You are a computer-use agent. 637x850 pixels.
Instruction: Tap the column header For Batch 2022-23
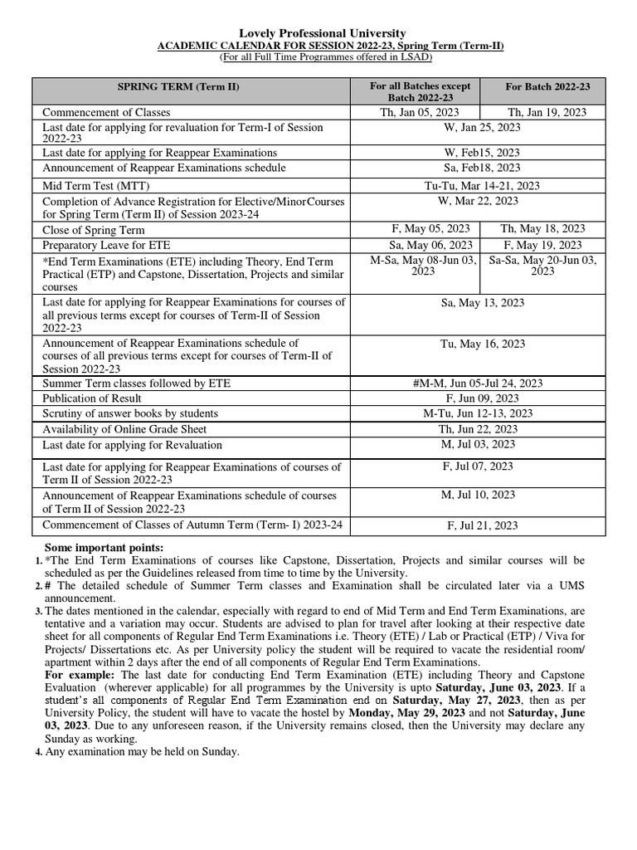tap(547, 86)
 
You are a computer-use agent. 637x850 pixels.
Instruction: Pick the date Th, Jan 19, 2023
tap(547, 112)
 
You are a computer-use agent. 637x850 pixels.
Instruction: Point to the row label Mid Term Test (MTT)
tap(96, 185)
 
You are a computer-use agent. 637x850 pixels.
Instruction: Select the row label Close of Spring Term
tap(94, 230)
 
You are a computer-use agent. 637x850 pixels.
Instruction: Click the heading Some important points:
tap(104, 547)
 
